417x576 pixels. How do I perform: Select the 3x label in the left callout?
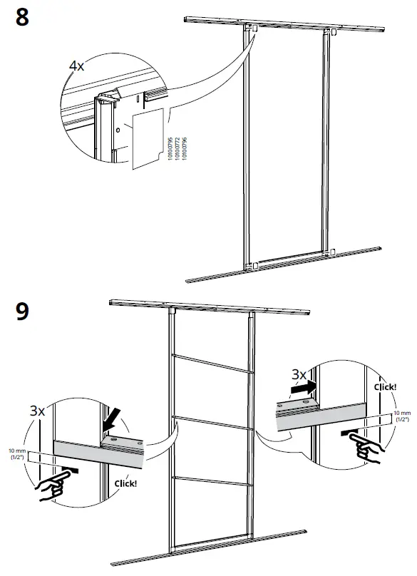[38, 411]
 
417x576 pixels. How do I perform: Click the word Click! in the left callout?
[126, 483]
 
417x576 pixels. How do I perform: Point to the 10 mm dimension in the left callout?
[15, 455]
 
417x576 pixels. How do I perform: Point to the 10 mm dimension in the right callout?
[403, 416]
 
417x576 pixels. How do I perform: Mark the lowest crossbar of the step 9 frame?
[211, 481]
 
